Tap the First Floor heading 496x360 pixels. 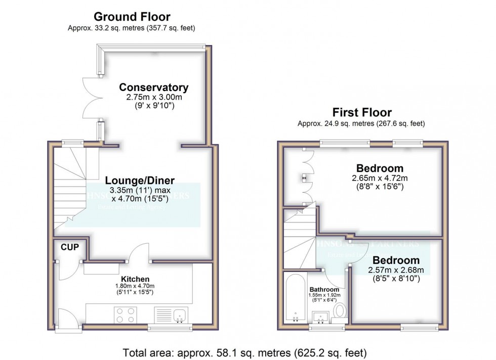click(361, 112)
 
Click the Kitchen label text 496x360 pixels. click(134, 279)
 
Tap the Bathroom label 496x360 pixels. click(324, 289)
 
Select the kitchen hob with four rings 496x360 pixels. click(125, 315)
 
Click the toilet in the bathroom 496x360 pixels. click(340, 311)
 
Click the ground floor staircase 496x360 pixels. click(69, 187)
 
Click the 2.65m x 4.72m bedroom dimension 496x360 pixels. click(380, 178)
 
